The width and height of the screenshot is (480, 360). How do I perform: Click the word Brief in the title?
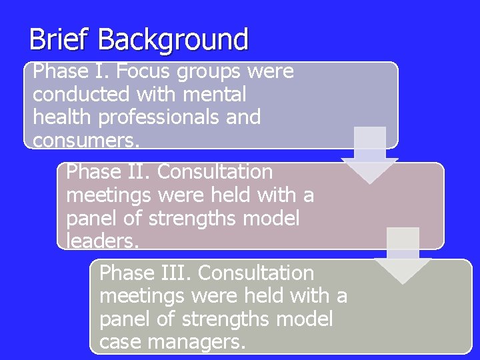[60, 39]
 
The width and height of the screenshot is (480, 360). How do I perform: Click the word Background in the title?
[173, 39]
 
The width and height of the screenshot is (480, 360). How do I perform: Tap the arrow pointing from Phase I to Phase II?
[369, 155]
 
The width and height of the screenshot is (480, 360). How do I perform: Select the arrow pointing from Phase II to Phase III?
[402, 256]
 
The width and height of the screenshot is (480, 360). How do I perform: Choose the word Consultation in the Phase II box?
[215, 172]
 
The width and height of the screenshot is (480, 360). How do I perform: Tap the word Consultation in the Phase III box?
[256, 273]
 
